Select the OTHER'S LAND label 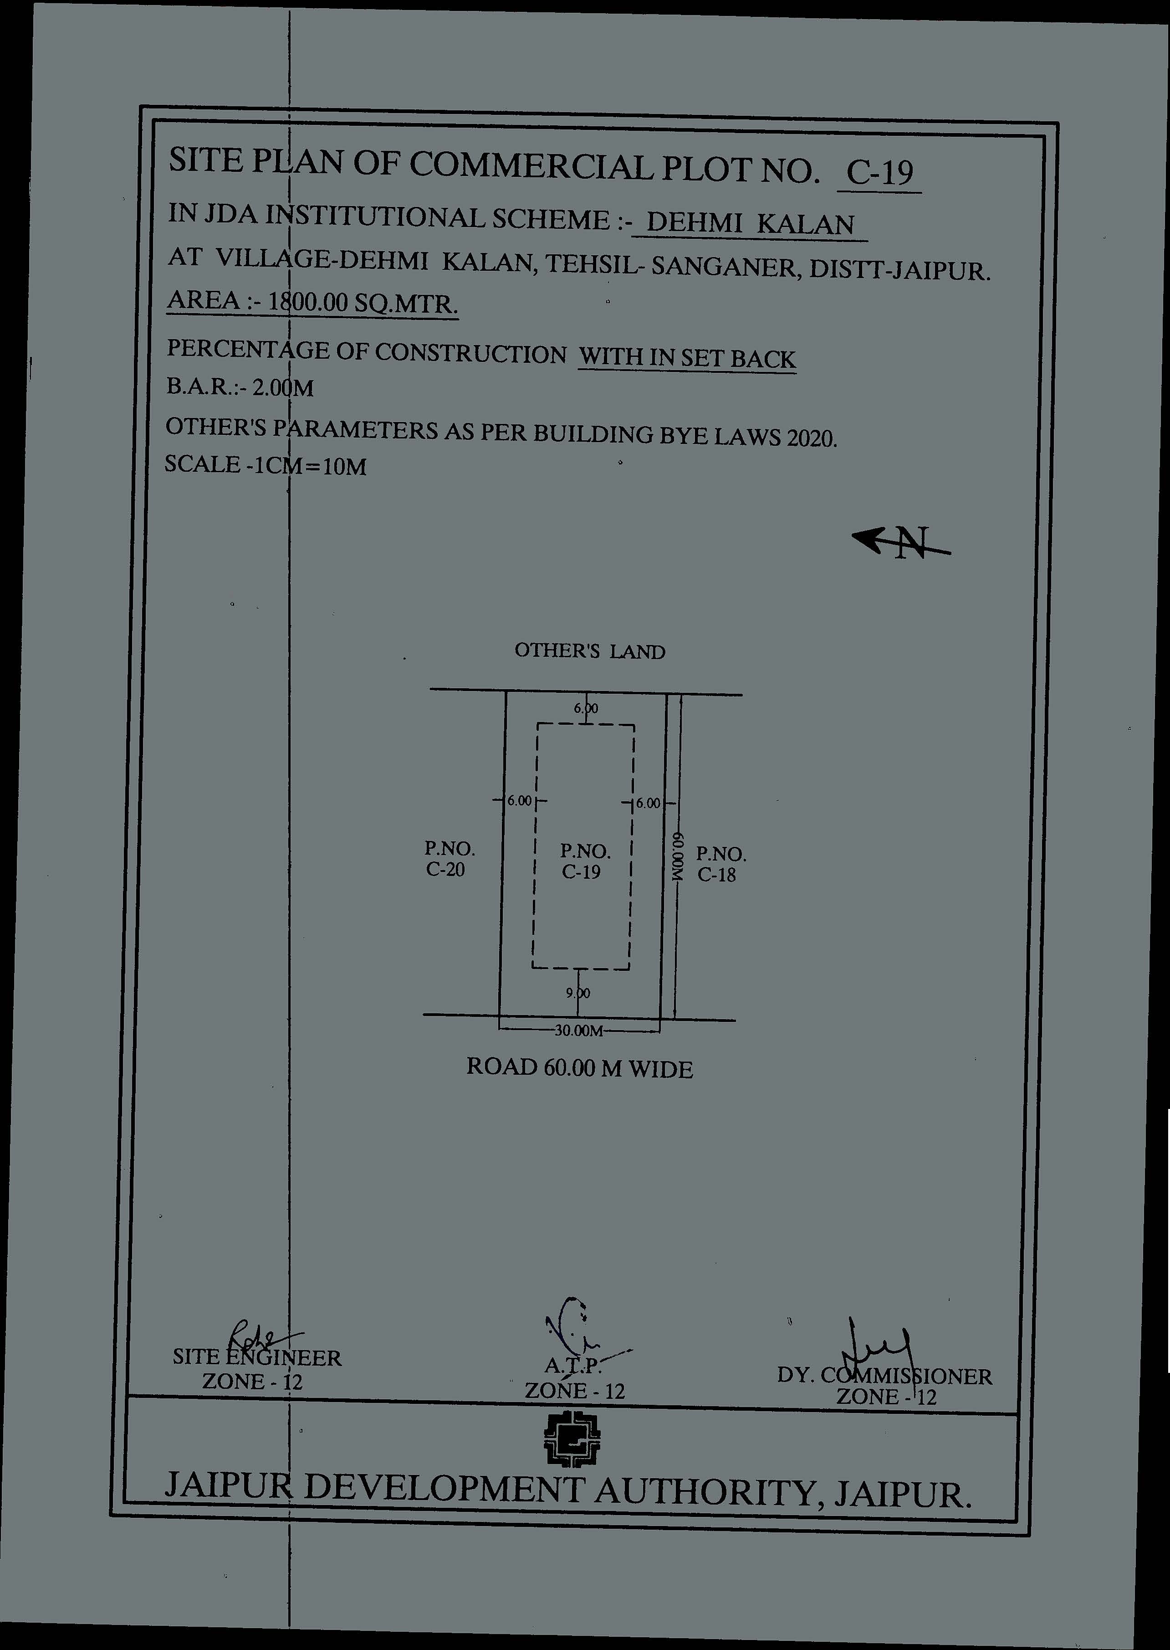[589, 652]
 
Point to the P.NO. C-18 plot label [720, 864]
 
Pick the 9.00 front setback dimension [578, 993]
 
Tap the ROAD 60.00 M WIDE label [579, 1067]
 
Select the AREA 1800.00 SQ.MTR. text [313, 301]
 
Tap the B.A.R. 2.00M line [240, 388]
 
